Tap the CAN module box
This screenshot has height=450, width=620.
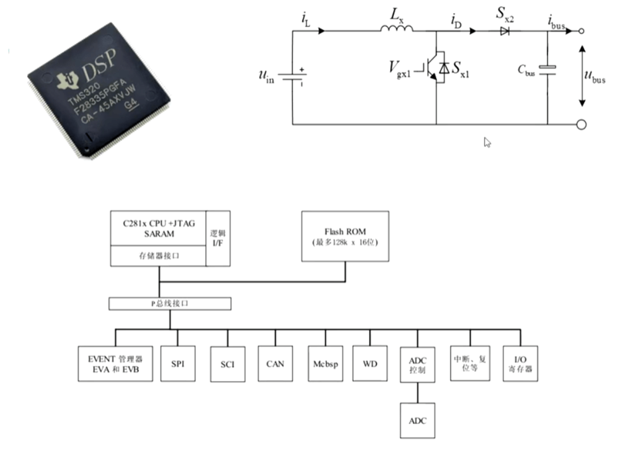coord(275,363)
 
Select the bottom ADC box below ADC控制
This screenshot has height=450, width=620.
coord(417,420)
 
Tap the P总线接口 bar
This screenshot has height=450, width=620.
coord(170,304)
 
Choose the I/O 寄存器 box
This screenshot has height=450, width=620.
coord(520,363)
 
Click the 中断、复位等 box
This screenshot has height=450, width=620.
coord(470,363)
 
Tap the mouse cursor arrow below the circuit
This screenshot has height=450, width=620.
coord(487,142)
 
